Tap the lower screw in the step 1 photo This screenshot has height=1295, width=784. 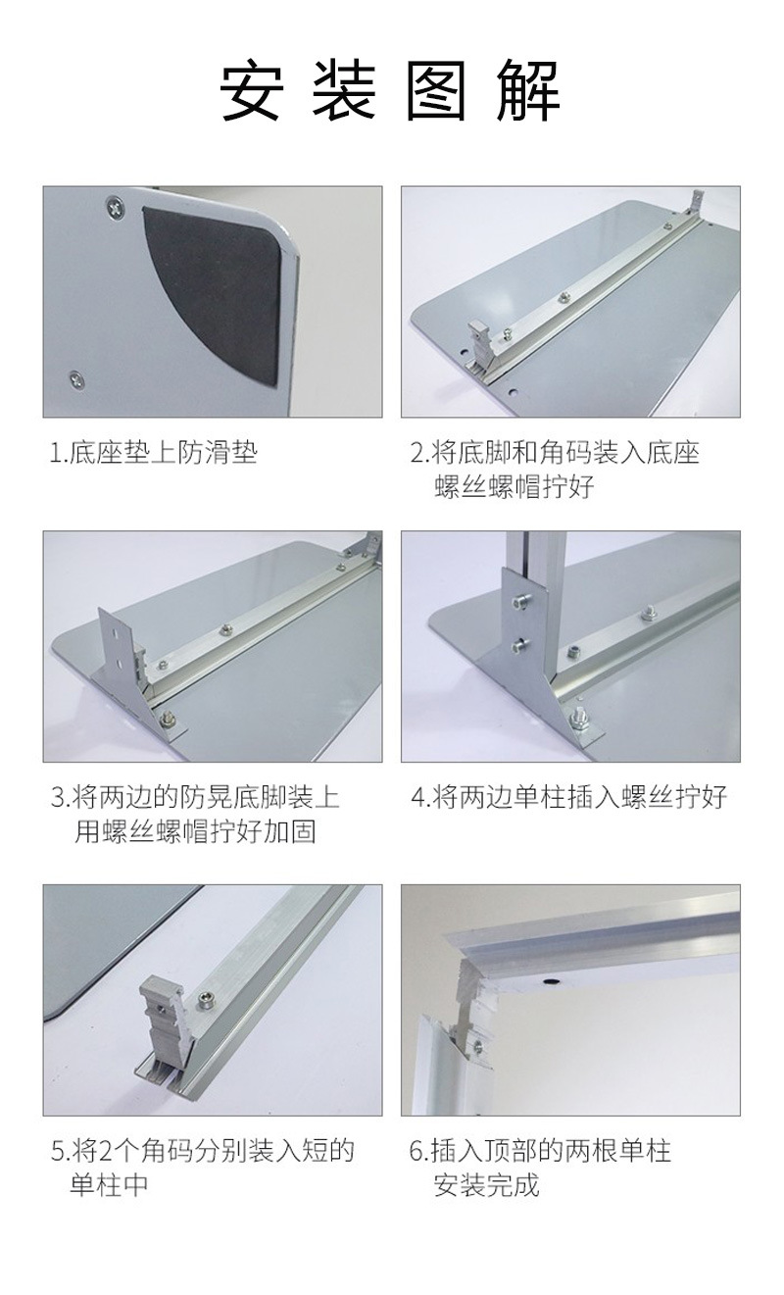pyautogui.click(x=73, y=376)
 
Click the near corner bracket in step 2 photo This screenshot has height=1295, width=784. pyautogui.click(x=482, y=342)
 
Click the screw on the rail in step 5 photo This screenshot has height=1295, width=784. pyautogui.click(x=207, y=997)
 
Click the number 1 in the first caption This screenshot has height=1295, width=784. pyautogui.click(x=57, y=453)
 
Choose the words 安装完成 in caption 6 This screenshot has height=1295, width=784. pyautogui.click(x=486, y=1185)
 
